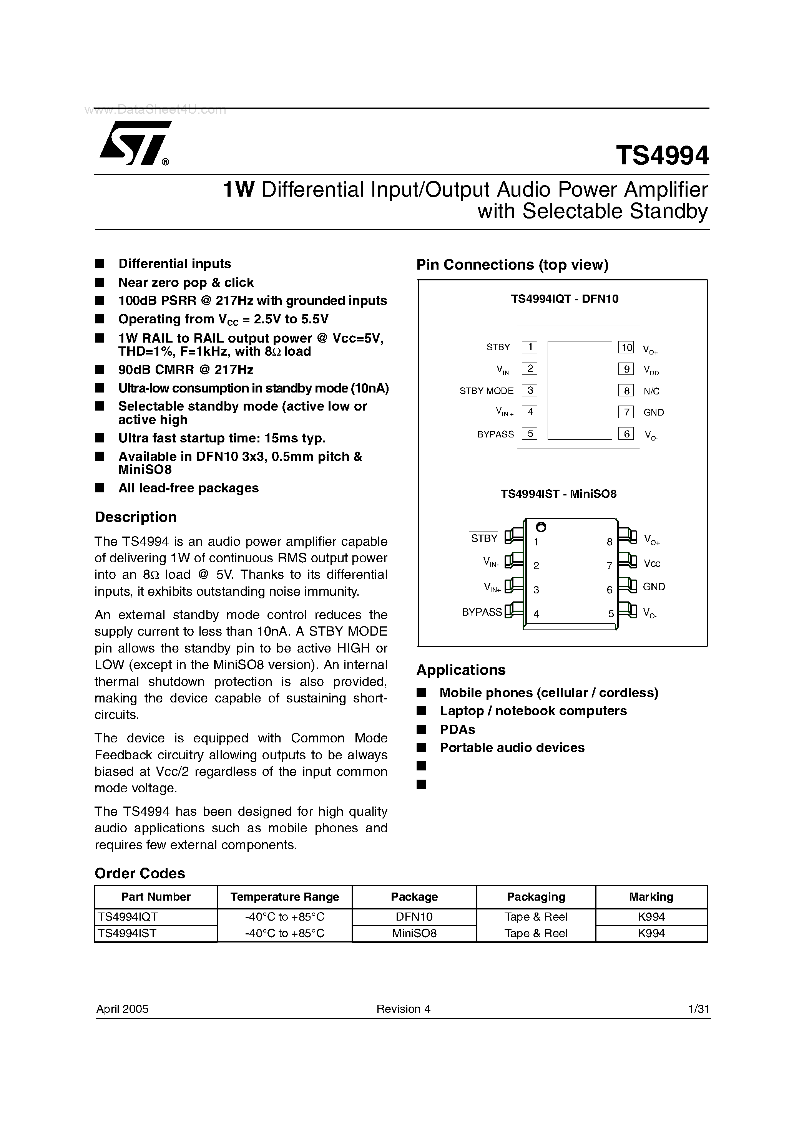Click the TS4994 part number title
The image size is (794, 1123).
pyautogui.click(x=662, y=156)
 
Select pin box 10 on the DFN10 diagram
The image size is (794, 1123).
pyautogui.click(x=626, y=347)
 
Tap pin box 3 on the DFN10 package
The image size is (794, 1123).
pyautogui.click(x=530, y=390)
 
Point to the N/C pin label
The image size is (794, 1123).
pyautogui.click(x=651, y=391)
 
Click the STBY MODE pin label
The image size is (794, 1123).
pyautogui.click(x=486, y=391)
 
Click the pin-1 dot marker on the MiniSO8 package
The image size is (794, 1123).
pyautogui.click(x=541, y=527)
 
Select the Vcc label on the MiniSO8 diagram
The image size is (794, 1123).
pyautogui.click(x=652, y=563)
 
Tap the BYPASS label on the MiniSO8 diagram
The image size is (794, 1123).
pyautogui.click(x=482, y=612)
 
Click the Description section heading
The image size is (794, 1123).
pyautogui.click(x=136, y=517)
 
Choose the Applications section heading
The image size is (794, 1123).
pyautogui.click(x=461, y=669)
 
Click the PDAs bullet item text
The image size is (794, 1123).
pyautogui.click(x=457, y=729)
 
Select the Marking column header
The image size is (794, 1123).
pyautogui.click(x=651, y=896)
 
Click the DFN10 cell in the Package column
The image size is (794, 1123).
pyautogui.click(x=414, y=917)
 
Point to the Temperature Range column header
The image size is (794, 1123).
pyautogui.click(x=284, y=896)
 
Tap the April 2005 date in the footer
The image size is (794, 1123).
pyautogui.click(x=122, y=1009)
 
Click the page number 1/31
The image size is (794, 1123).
pyautogui.click(x=699, y=1009)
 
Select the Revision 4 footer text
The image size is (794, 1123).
pyautogui.click(x=404, y=1009)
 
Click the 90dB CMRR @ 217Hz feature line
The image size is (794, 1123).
pyautogui.click(x=186, y=369)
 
